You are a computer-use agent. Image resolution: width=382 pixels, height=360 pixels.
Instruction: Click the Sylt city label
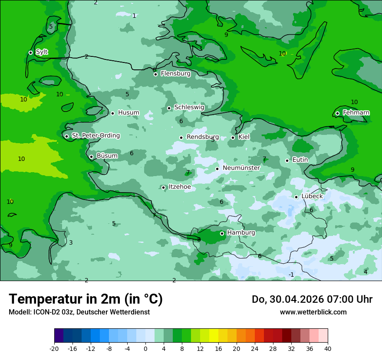(42, 52)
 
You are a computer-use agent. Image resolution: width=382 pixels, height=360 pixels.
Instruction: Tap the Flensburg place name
(175, 74)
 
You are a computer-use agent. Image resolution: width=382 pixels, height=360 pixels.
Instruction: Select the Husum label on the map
(128, 113)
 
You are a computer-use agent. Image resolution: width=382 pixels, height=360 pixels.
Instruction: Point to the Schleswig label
(189, 107)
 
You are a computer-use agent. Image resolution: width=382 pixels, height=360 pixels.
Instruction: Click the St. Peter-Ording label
(95, 136)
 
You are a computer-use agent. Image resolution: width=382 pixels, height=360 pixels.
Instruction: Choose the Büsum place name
(107, 156)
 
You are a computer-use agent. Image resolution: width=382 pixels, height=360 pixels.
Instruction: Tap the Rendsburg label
(202, 137)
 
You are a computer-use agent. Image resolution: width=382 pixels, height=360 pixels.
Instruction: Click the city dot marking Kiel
(233, 137)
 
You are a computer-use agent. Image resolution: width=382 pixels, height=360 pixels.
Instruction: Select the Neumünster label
(241, 168)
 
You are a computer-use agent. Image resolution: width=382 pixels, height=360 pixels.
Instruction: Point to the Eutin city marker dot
(287, 160)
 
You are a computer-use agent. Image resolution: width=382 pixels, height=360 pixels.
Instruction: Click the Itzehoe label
(179, 187)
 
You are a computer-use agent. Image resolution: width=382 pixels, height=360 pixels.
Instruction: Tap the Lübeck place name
(312, 196)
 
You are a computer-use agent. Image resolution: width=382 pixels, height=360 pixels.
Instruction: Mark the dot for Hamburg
(222, 233)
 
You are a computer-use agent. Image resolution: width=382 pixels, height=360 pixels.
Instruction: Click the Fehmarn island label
(356, 113)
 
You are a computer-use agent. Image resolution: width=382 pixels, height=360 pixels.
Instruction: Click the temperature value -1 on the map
(291, 275)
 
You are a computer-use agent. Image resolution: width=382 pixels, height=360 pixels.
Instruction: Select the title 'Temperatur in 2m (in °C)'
(86, 299)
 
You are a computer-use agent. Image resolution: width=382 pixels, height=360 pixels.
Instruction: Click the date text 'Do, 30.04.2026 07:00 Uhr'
(312, 299)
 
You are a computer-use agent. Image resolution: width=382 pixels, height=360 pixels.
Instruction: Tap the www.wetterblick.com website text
(313, 312)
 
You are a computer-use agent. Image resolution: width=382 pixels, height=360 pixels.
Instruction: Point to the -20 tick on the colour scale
(54, 348)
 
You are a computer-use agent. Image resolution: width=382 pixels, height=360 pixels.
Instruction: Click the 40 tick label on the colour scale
(328, 348)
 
